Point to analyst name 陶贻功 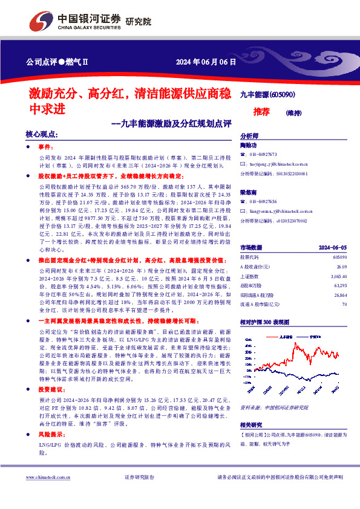click(249, 146)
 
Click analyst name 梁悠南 click(249, 193)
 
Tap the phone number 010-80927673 click(262, 155)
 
